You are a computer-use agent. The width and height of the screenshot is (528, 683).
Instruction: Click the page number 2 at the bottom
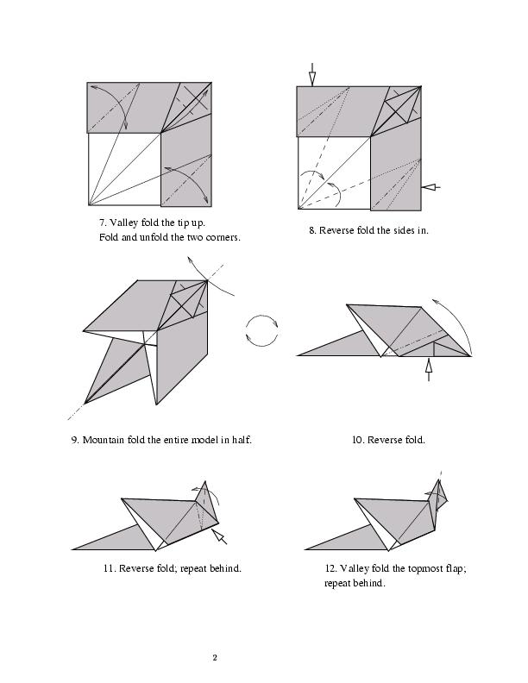tap(215, 658)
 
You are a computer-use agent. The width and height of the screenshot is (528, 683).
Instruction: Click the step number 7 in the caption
tap(102, 222)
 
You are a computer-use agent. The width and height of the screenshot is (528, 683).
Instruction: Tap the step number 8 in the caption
tap(312, 230)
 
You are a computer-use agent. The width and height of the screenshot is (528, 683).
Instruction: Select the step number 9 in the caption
tap(74, 440)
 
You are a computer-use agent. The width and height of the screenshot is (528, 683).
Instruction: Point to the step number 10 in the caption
tap(356, 440)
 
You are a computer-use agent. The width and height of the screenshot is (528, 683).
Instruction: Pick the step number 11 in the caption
tap(108, 568)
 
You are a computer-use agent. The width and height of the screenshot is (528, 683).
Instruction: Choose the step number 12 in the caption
tap(330, 568)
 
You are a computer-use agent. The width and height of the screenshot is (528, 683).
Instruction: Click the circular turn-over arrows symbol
tap(262, 330)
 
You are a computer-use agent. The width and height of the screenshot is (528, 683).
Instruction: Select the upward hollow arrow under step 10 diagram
tap(428, 369)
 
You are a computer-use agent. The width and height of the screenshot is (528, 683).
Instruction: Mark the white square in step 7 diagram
tap(124, 169)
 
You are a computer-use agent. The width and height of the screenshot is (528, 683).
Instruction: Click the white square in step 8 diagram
tap(333, 172)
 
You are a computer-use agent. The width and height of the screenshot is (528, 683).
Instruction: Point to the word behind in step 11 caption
tap(225, 568)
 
